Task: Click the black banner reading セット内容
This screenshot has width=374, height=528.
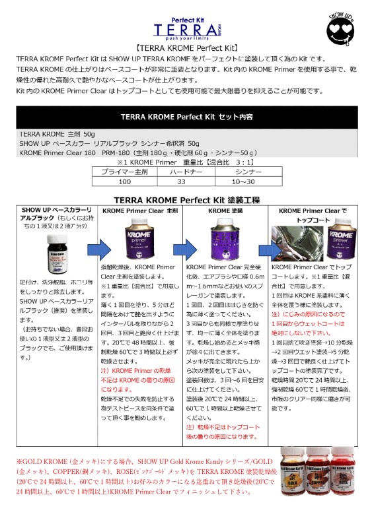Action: [187, 117]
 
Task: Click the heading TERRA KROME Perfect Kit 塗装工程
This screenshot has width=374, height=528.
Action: [187, 199]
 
